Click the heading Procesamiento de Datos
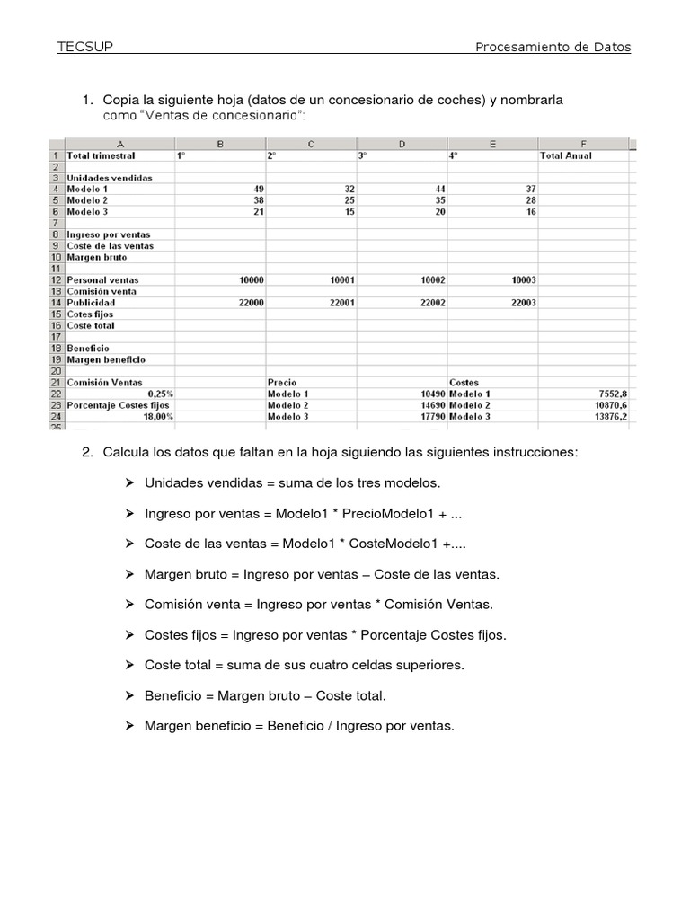(553, 47)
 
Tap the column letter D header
(402, 144)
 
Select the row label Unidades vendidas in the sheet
(110, 178)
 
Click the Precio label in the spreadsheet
(282, 383)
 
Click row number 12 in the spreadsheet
(56, 280)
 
